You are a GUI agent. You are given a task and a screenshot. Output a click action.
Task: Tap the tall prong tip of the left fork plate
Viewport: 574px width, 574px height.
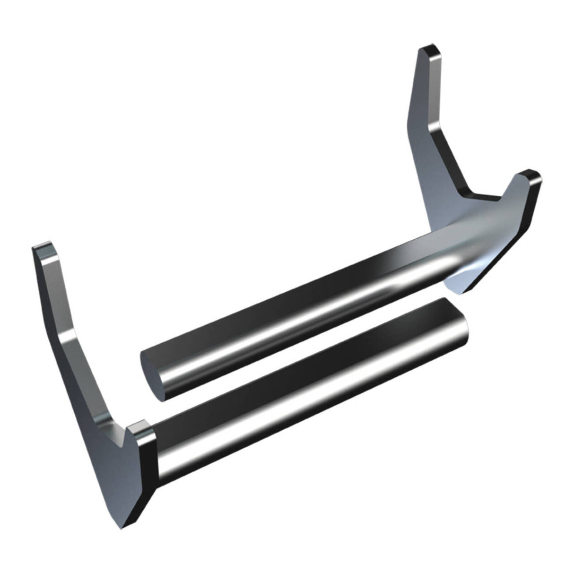coord(43,249)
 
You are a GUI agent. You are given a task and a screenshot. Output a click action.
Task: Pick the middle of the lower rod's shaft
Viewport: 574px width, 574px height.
coord(307,388)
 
